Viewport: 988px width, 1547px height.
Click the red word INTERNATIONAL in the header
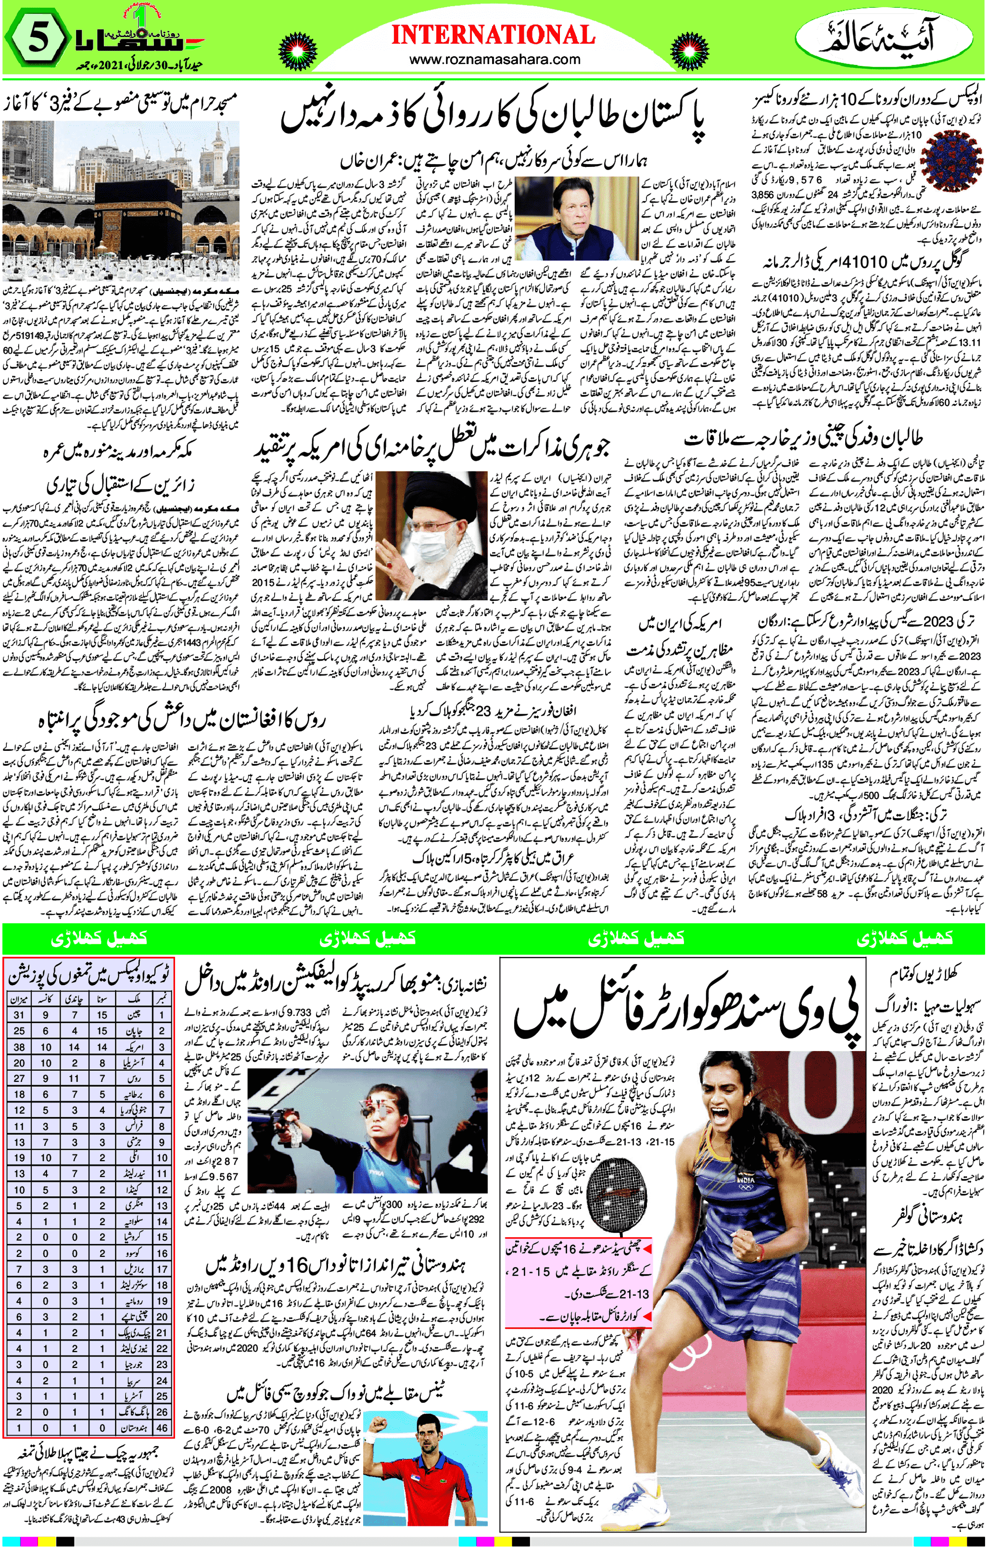tap(494, 35)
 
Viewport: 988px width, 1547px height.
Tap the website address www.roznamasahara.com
tap(494, 60)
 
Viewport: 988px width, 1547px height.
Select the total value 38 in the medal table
tap(19, 1047)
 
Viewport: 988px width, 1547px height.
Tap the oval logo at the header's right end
tap(888, 38)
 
